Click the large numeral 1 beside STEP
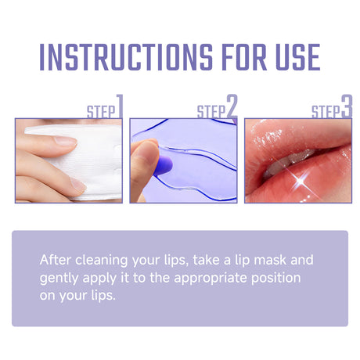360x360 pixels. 120,106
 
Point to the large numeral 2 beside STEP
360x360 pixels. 232,106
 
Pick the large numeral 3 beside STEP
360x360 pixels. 347,106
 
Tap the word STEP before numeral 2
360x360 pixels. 211,111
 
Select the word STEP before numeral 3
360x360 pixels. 326,111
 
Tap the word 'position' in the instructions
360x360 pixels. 278,278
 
